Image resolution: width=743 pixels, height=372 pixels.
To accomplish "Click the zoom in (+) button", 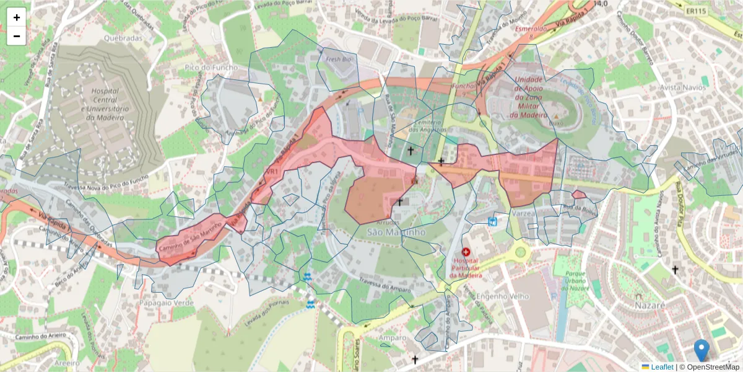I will [17, 17].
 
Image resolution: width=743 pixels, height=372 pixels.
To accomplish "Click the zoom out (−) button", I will [17, 36].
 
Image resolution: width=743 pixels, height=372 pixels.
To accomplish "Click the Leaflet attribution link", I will [661, 367].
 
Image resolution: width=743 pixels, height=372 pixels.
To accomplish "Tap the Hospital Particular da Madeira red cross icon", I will [466, 252].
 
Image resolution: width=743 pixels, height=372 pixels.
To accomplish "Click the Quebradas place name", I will [123, 38].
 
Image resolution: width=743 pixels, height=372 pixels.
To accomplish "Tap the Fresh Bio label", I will [338, 59].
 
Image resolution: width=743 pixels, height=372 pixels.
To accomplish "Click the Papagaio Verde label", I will [167, 303].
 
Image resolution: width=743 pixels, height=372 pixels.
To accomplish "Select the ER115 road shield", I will [696, 11].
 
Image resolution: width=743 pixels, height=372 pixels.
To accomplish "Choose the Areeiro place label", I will [66, 361].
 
